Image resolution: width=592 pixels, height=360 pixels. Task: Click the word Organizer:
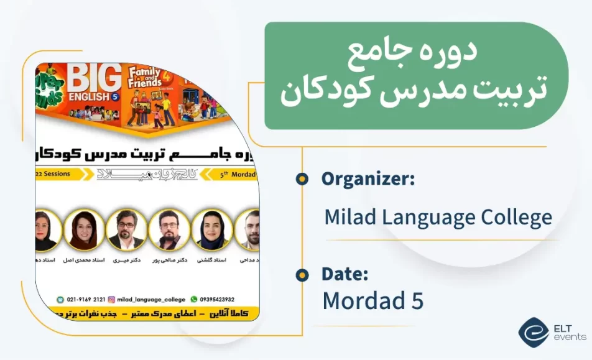[x=368, y=179]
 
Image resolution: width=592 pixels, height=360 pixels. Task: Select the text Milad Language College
[x=438, y=218]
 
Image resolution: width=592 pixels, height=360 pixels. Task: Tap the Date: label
[x=345, y=274]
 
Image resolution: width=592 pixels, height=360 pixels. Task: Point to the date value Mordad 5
[x=372, y=300]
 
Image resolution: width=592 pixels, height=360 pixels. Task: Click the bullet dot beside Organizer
[x=302, y=179]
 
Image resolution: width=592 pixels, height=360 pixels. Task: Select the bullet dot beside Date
[x=302, y=274]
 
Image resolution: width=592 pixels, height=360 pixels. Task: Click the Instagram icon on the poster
[x=111, y=299]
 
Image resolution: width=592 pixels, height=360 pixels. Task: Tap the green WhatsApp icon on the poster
[x=193, y=299]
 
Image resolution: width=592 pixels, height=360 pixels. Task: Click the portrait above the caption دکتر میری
[x=126, y=229]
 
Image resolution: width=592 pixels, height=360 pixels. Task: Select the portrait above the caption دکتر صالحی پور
[x=169, y=229]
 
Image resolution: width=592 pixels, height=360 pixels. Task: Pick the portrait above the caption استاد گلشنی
[x=212, y=229]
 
